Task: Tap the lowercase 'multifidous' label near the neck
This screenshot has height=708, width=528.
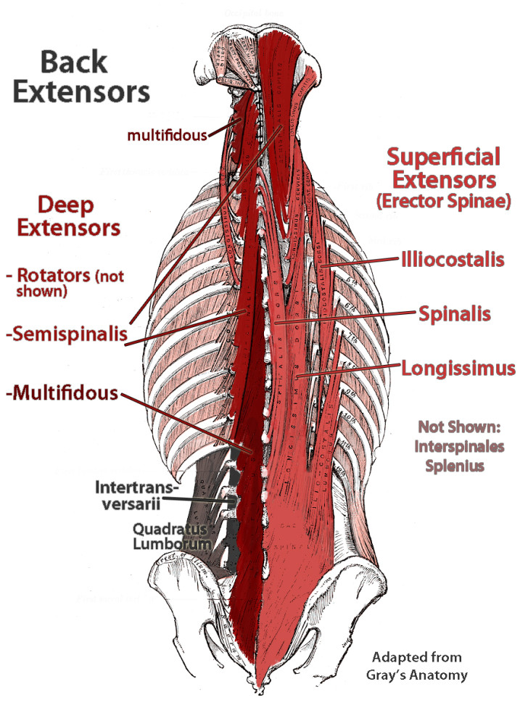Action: tap(165, 134)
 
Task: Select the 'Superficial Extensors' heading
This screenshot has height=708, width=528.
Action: tap(443, 168)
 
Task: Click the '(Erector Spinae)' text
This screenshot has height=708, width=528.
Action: tap(443, 202)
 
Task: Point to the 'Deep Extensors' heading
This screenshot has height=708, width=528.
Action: tap(69, 217)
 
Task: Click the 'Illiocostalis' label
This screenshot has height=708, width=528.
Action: tap(452, 258)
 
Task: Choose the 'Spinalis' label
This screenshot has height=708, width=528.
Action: tap(455, 313)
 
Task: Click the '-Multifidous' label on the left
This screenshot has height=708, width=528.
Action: tap(60, 394)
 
